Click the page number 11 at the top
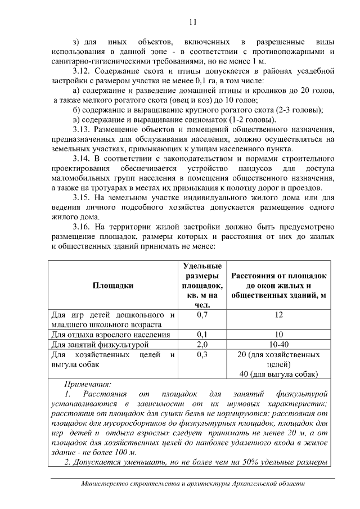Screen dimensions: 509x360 click(x=192, y=22)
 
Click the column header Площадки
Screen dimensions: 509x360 click(x=113, y=285)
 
